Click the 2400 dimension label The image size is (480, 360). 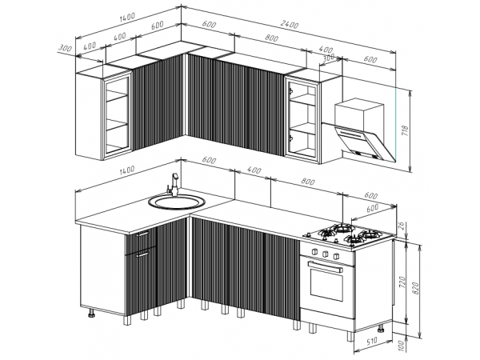pos(289,25)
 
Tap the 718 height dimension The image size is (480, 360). pos(405,130)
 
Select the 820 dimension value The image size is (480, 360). pos(416,288)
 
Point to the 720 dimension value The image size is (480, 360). pos(402,282)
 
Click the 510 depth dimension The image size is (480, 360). pos(371,341)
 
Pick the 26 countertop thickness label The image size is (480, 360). pos(402,226)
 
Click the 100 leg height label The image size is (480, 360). pos(402,346)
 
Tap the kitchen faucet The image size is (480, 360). pos(173,185)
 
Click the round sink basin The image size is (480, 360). pos(177,202)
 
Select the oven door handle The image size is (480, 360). pos(325,266)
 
